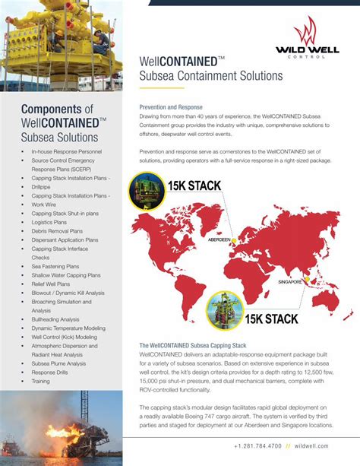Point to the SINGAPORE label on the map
point(289,281)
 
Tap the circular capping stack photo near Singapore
point(224,311)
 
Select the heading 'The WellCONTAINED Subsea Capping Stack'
point(192,346)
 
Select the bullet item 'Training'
point(41,382)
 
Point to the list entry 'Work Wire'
point(44,204)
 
